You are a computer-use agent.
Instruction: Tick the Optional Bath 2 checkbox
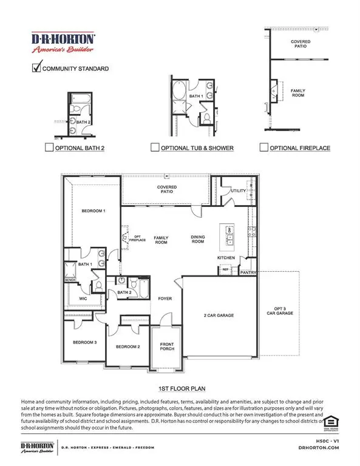49,147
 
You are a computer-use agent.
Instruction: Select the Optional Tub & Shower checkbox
155,147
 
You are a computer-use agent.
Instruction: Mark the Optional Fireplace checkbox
263,147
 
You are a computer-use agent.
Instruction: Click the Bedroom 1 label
93,211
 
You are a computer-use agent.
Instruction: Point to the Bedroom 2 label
128,346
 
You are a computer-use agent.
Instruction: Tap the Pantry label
248,273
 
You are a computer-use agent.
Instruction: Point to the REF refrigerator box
225,269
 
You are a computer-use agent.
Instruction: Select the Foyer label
165,299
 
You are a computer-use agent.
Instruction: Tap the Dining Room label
200,239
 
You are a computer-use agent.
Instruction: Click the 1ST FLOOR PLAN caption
180,387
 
